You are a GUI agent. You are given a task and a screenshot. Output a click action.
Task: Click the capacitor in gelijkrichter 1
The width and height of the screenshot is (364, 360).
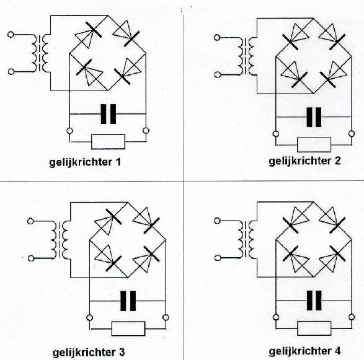pyautogui.click(x=108, y=114)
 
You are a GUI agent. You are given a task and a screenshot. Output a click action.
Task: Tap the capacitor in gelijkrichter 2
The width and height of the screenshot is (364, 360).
pyautogui.click(x=314, y=117)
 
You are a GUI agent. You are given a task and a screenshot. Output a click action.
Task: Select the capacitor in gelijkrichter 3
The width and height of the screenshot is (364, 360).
pyautogui.click(x=128, y=301)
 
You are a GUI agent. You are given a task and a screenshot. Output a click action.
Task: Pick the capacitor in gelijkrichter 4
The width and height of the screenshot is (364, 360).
pyautogui.click(x=314, y=301)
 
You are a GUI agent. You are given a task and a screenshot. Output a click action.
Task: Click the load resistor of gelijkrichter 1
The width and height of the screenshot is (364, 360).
pyautogui.click(x=108, y=141)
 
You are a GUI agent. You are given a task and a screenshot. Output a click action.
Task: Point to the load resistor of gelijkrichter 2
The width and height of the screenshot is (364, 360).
pyautogui.click(x=314, y=145)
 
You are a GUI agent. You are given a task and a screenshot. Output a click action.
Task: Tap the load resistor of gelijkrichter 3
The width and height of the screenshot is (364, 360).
pyautogui.click(x=128, y=328)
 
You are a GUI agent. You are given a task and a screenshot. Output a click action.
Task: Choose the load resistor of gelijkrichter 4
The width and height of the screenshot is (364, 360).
pyautogui.click(x=314, y=328)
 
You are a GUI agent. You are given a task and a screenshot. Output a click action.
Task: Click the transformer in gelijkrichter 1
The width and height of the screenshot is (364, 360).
pyautogui.click(x=40, y=53)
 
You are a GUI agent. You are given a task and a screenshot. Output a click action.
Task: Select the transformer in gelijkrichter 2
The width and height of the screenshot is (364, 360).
pyautogui.click(x=246, y=56)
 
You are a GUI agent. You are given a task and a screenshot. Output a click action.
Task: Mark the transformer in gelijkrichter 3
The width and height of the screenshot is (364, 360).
pyautogui.click(x=60, y=240)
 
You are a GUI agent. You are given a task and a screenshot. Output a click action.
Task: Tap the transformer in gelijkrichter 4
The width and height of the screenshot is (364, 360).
pyautogui.click(x=246, y=239)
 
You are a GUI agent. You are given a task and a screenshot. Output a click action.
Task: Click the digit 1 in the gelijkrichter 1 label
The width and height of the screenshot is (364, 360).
pyautogui.click(x=118, y=162)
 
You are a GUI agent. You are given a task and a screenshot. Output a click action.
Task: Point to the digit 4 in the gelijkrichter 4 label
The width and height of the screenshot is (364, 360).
pyautogui.click(x=337, y=351)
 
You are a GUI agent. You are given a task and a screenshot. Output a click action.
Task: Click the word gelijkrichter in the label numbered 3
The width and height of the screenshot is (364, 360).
pyautogui.click(x=84, y=353)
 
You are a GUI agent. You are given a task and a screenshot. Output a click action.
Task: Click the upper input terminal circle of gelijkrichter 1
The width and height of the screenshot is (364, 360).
pyautogui.click(x=11, y=35)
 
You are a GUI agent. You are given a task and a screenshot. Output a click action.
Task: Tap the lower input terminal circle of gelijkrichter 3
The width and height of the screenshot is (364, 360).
pyautogui.click(x=30, y=258)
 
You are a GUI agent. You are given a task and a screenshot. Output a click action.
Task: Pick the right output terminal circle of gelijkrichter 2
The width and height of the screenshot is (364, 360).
pyautogui.click(x=352, y=134)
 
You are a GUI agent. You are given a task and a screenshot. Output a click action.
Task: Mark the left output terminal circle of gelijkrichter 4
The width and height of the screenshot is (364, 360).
pyautogui.click(x=276, y=317)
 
